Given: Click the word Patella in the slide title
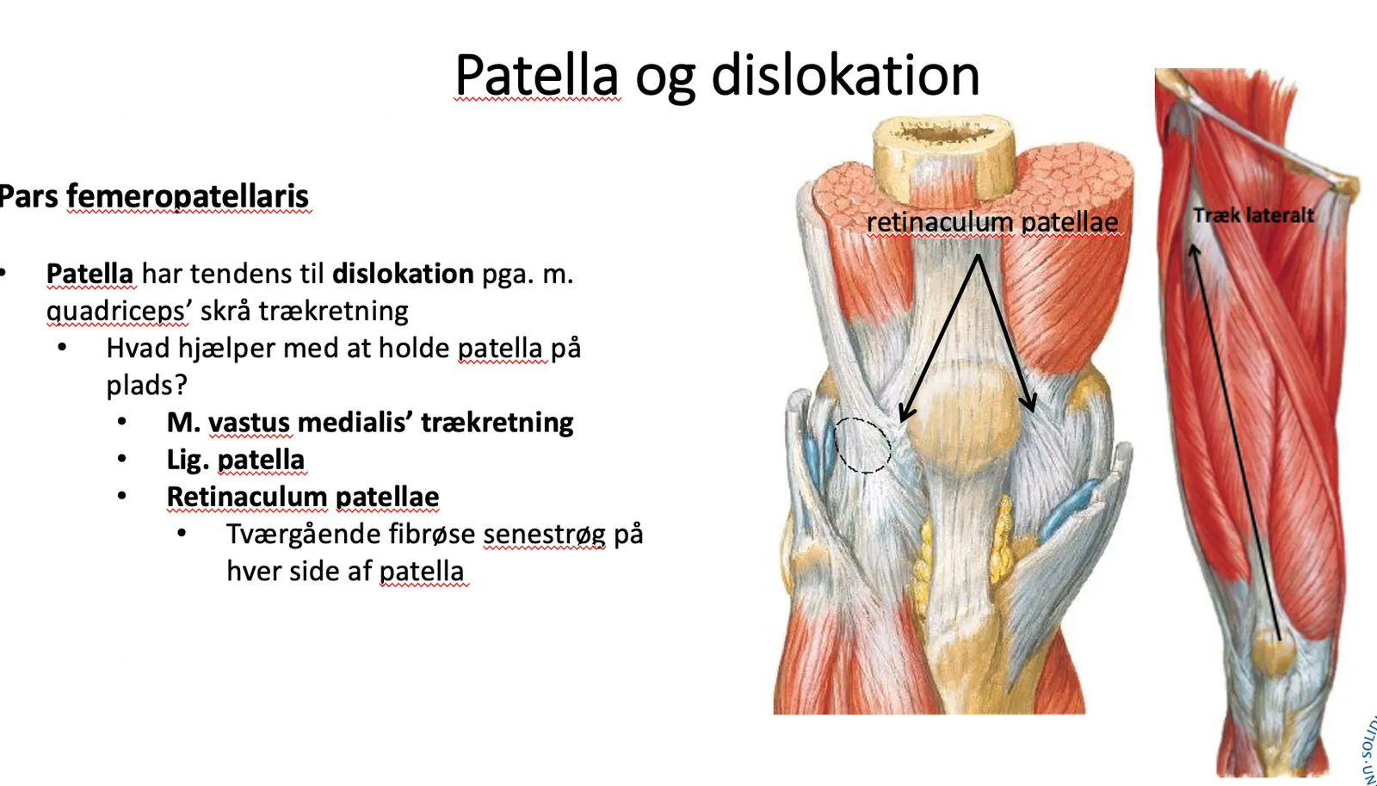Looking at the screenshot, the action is pyautogui.click(x=537, y=75).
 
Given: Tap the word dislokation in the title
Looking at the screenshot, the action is pyautogui.click(x=845, y=75).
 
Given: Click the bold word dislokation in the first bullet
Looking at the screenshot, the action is pyautogui.click(x=404, y=274).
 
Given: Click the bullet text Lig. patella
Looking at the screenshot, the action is pyautogui.click(x=236, y=460).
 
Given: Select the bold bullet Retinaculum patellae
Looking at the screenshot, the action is pyautogui.click(x=303, y=497).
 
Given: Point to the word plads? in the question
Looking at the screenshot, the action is pyautogui.click(x=147, y=386).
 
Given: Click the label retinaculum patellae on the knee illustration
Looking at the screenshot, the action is pyautogui.click(x=992, y=222).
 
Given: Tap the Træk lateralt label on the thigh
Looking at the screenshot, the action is pyautogui.click(x=1253, y=215).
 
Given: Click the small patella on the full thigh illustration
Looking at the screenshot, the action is pyautogui.click(x=1275, y=650).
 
